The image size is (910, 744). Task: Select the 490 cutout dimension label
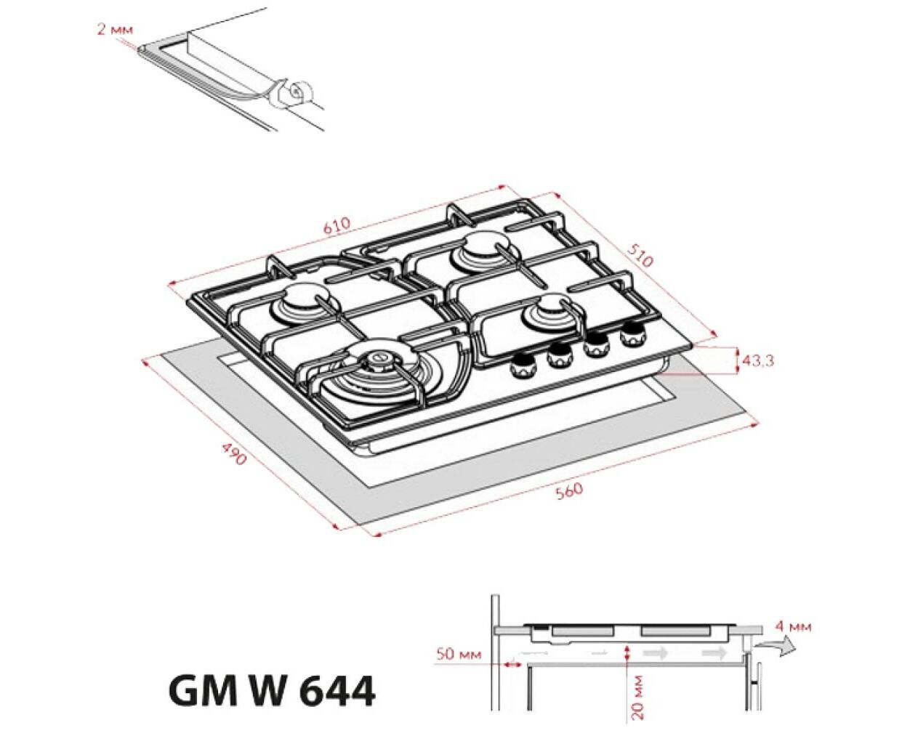click(x=234, y=453)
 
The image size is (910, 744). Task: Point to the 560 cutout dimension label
click(x=568, y=491)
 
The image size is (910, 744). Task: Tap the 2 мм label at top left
click(x=116, y=31)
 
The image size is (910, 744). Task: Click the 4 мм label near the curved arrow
click(x=793, y=627)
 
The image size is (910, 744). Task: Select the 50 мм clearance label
click(x=458, y=655)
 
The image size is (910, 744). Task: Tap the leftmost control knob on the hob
click(x=522, y=367)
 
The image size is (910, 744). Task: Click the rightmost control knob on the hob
click(x=632, y=333)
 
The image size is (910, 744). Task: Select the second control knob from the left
click(x=560, y=355)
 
